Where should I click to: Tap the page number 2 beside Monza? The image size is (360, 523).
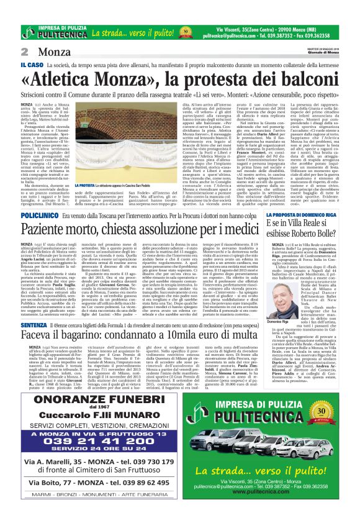click(25, 52)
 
